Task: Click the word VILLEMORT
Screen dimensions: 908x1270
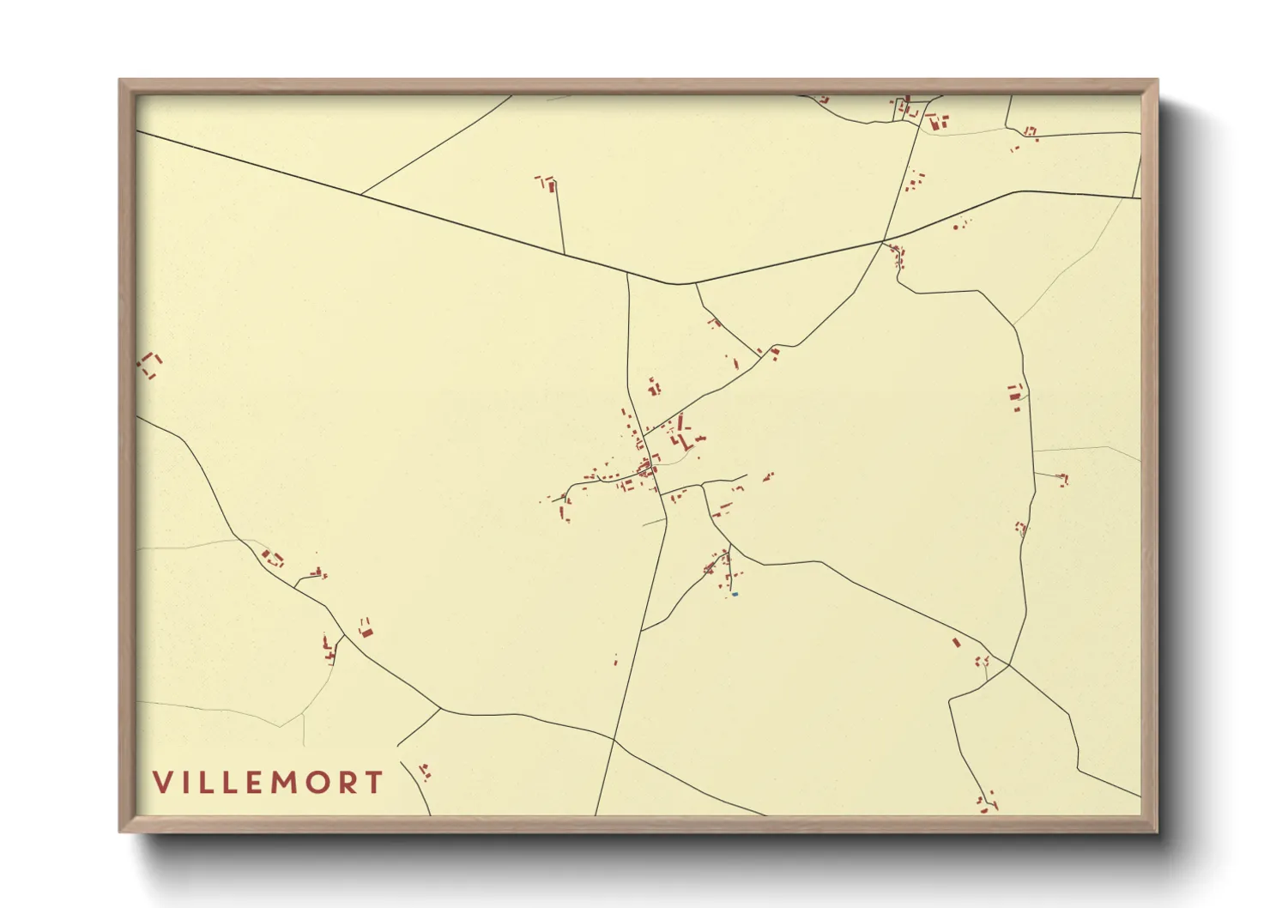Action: (x=268, y=783)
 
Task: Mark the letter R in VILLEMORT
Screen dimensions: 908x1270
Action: (x=348, y=783)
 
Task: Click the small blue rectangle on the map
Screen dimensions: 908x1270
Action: (x=735, y=594)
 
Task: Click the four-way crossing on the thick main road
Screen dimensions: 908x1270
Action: (x=884, y=240)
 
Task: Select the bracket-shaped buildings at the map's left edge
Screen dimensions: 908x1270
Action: (x=151, y=365)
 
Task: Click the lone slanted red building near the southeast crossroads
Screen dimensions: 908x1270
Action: (x=957, y=642)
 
